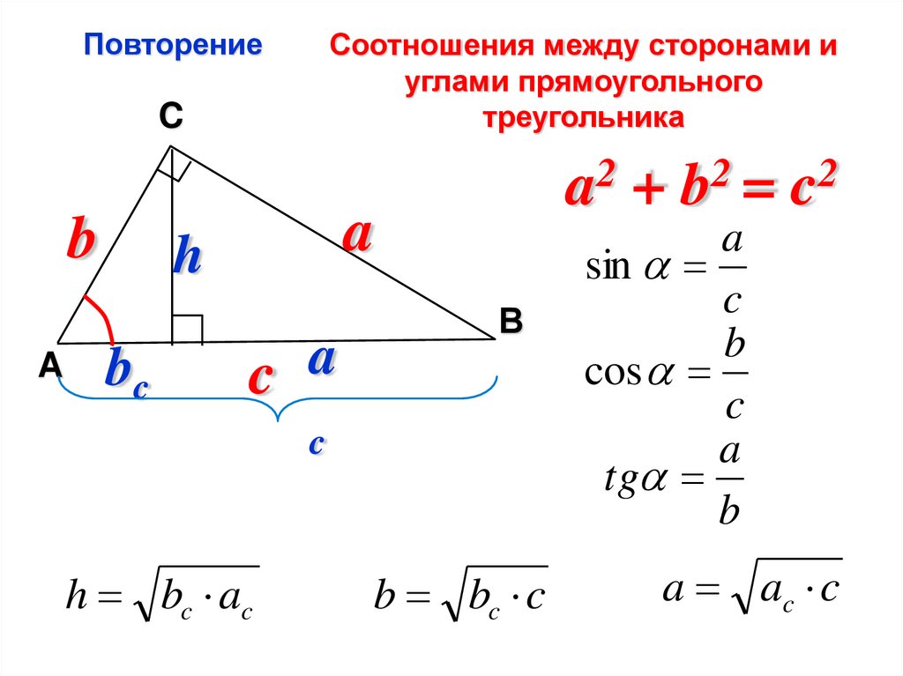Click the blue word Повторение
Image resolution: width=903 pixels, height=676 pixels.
coord(173,45)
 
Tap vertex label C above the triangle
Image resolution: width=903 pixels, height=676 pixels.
coord(170,114)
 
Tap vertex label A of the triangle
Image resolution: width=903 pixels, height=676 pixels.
coord(49,365)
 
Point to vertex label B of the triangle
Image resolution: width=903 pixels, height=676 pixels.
coord(511,322)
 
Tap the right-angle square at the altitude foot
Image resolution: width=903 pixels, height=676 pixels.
coord(187,328)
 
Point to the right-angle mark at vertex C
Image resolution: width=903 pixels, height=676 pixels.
coord(175,166)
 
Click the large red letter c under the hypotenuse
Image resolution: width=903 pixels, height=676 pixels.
coord(258,376)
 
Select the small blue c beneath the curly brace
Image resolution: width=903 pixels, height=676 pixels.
coord(317,444)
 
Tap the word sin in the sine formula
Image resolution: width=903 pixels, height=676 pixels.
coord(608,267)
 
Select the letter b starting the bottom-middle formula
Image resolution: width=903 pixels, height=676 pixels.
coord(384,598)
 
